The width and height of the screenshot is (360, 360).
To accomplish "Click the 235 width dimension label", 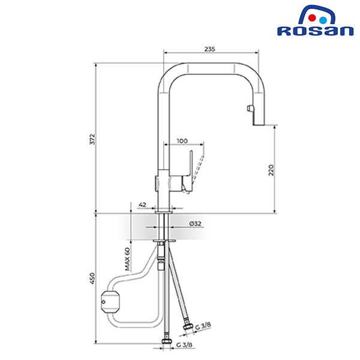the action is (209, 49).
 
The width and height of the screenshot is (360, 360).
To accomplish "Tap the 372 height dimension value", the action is (92, 139).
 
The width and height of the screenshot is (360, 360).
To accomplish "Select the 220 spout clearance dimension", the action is (271, 170).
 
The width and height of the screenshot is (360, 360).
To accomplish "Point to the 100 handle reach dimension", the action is (182, 141).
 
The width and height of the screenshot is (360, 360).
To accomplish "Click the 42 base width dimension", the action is (143, 205).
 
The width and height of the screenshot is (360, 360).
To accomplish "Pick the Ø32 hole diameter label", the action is (196, 223).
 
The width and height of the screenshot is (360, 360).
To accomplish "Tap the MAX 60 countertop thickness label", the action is (127, 259).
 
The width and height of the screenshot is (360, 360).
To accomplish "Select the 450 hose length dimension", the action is (92, 278).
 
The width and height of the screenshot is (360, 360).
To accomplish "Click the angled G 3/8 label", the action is (203, 326).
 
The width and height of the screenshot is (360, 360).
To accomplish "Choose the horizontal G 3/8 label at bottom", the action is (184, 345).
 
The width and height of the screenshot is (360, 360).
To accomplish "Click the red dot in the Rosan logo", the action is (312, 18).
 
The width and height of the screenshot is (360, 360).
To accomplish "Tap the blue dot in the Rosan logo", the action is (323, 20).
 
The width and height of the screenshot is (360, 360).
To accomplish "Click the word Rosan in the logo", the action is (315, 31).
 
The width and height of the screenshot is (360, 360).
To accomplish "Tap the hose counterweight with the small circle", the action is (110, 302).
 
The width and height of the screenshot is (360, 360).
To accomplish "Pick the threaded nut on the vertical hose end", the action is (166, 341).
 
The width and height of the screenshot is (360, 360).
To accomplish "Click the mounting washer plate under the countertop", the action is (164, 241).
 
